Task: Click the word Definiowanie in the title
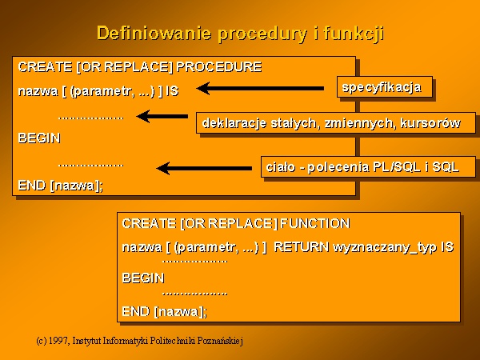(x=154, y=33)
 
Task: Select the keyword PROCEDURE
(x=219, y=66)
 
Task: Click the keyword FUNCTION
(x=315, y=223)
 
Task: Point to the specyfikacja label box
(x=385, y=87)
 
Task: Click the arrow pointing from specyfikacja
(x=260, y=89)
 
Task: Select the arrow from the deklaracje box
(x=162, y=116)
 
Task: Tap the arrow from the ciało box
(x=204, y=168)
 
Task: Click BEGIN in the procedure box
(x=39, y=138)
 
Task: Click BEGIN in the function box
(x=143, y=278)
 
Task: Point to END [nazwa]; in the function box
(x=164, y=312)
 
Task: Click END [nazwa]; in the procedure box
(x=61, y=186)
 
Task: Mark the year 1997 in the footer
(x=58, y=341)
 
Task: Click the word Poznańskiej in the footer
(x=220, y=341)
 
